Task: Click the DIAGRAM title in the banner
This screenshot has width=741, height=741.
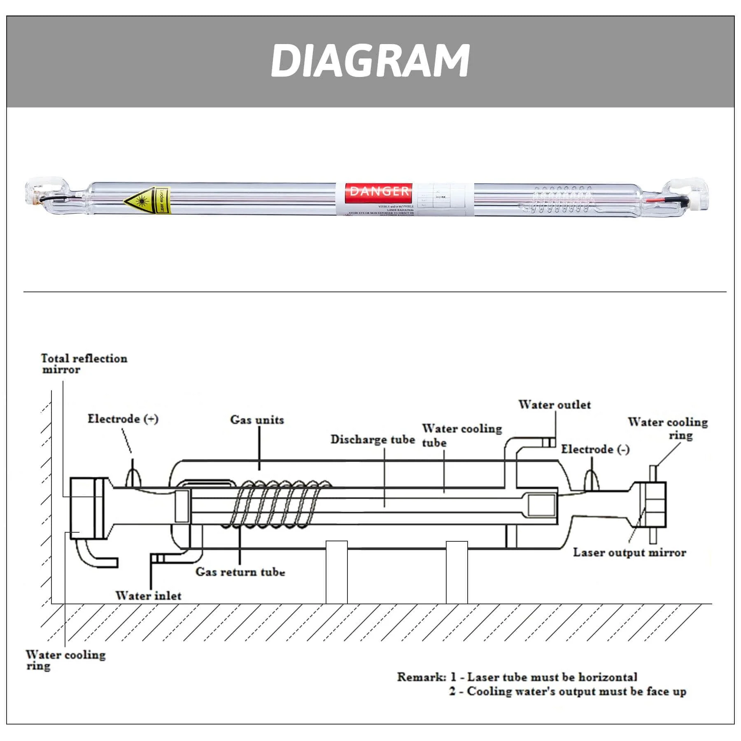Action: coord(370,61)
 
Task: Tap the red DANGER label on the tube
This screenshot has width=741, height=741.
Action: coord(378,191)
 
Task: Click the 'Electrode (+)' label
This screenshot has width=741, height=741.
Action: coord(123,419)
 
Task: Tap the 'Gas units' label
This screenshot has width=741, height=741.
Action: coord(257,420)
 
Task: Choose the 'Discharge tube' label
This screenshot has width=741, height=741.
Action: coord(373,439)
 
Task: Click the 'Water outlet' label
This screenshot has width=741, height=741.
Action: coord(554,405)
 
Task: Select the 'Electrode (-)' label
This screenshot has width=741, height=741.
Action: coord(595,449)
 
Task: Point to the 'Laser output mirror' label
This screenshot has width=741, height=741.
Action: coord(629,552)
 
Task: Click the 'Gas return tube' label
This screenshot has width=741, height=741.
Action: coord(240,572)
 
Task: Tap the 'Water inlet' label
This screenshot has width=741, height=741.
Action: coord(148,596)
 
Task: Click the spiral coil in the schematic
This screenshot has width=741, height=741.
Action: coord(280,504)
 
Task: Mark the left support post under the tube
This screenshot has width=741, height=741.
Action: coord(336,572)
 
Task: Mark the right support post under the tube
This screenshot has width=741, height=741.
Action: coord(457,572)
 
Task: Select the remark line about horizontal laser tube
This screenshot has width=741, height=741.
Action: coord(517,677)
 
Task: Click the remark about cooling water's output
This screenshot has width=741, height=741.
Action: coord(567,691)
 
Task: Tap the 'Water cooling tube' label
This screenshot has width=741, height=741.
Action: coord(461,435)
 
